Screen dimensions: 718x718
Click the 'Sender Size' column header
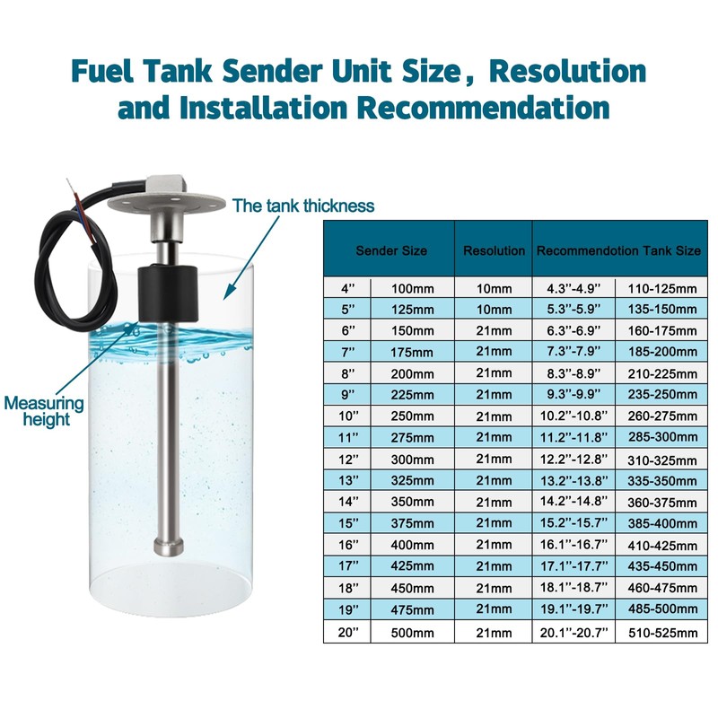point(390,250)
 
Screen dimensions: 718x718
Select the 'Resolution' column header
point(494,250)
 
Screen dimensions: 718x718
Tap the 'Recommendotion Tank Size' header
point(618,250)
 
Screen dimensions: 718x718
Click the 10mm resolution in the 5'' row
point(494,309)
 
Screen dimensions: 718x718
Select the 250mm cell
point(412,416)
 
